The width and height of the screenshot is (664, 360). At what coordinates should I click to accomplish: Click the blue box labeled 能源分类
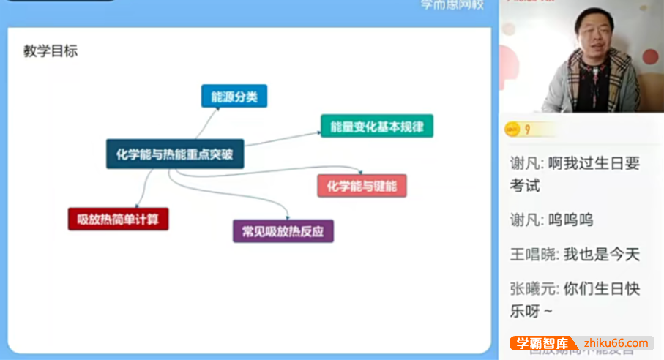click(x=234, y=97)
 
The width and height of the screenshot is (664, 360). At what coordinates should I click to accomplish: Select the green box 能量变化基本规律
click(x=377, y=126)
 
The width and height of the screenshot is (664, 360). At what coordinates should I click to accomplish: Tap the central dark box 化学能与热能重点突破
click(x=174, y=154)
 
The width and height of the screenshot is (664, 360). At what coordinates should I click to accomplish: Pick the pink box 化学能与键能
click(x=362, y=186)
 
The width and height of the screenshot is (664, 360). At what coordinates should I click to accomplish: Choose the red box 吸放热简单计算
click(x=119, y=219)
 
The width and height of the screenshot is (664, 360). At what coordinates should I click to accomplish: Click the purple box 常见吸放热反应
click(x=283, y=231)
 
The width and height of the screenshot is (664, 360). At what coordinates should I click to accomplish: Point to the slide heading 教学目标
click(x=51, y=51)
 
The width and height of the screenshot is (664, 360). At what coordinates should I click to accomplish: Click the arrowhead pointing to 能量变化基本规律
click(x=318, y=132)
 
